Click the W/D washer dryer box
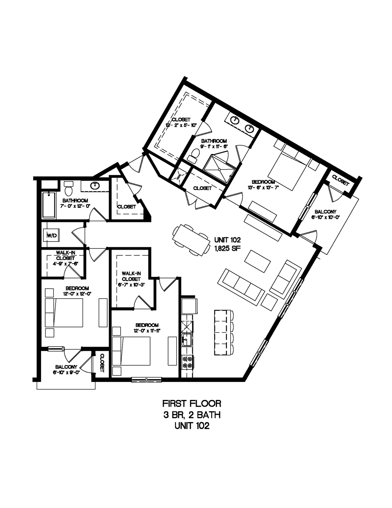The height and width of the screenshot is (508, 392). coord(51,235)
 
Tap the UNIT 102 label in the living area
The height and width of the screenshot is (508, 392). coord(227,240)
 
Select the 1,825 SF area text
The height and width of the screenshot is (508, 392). coord(227,247)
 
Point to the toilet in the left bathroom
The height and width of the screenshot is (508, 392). coord(69,189)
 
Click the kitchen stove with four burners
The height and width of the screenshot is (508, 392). coord(188,362)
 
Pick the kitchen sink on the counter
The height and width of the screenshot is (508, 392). coord(187,340)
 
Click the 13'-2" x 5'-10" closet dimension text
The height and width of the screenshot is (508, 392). coord(181,125)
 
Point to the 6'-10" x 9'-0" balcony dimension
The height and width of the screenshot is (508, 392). coord(66,372)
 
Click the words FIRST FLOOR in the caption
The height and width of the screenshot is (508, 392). coord(192,403)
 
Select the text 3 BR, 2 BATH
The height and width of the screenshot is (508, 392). coord(192,414)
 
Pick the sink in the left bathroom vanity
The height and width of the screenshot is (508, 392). coord(94,186)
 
